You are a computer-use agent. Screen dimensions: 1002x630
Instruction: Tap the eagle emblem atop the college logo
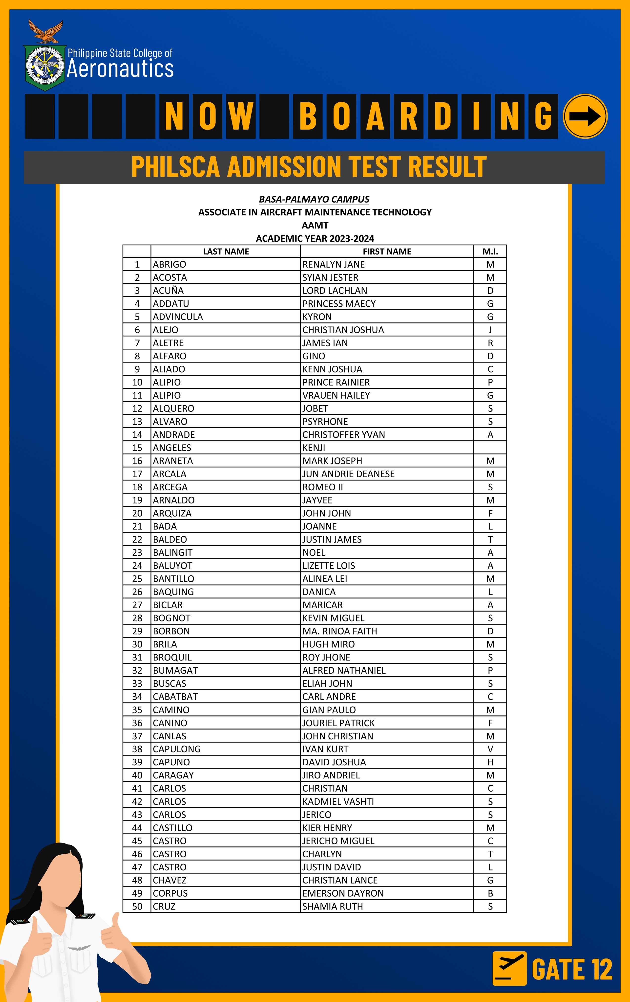pos(46,32)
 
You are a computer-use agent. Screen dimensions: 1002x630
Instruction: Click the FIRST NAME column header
pos(387,251)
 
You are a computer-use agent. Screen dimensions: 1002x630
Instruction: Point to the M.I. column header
pos(490,251)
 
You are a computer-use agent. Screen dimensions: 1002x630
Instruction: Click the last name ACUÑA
pos(168,291)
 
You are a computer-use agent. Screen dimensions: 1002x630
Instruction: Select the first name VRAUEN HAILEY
pos(336,395)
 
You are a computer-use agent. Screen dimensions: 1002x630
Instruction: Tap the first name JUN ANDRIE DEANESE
pos(348,474)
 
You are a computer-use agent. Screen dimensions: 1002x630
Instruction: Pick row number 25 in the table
pos(137,579)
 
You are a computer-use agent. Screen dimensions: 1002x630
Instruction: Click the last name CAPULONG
pos(177,749)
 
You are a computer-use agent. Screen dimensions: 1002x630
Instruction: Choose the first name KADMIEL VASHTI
pos(338,801)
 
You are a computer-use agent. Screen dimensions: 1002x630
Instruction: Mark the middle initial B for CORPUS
pos(490,893)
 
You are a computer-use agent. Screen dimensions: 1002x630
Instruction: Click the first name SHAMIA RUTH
pos(333,906)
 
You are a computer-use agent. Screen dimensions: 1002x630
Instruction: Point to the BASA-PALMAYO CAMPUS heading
pos(314,199)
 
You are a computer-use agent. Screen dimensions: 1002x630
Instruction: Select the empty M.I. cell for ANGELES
pos(490,448)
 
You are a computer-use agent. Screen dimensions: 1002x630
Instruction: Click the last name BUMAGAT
pos(175,670)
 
